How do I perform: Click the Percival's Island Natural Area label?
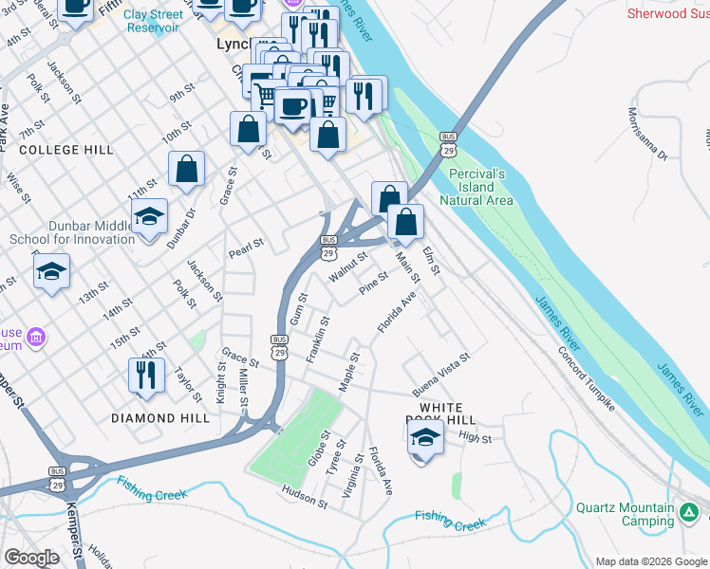pos(476,187)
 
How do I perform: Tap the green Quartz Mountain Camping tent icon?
pos(690,515)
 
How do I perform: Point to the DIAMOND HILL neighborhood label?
pos(159,418)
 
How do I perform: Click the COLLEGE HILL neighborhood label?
pos(66,150)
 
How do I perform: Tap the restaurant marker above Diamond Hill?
pos(146,375)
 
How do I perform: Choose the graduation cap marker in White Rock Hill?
pos(425,437)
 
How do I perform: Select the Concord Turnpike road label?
pos(586,380)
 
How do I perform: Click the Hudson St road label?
pos(304,497)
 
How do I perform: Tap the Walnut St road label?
pos(347,266)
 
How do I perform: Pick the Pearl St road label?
pos(246,248)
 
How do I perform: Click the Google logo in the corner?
pos(31,558)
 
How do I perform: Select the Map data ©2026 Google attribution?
pos(651,561)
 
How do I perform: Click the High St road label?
pos(475,438)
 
